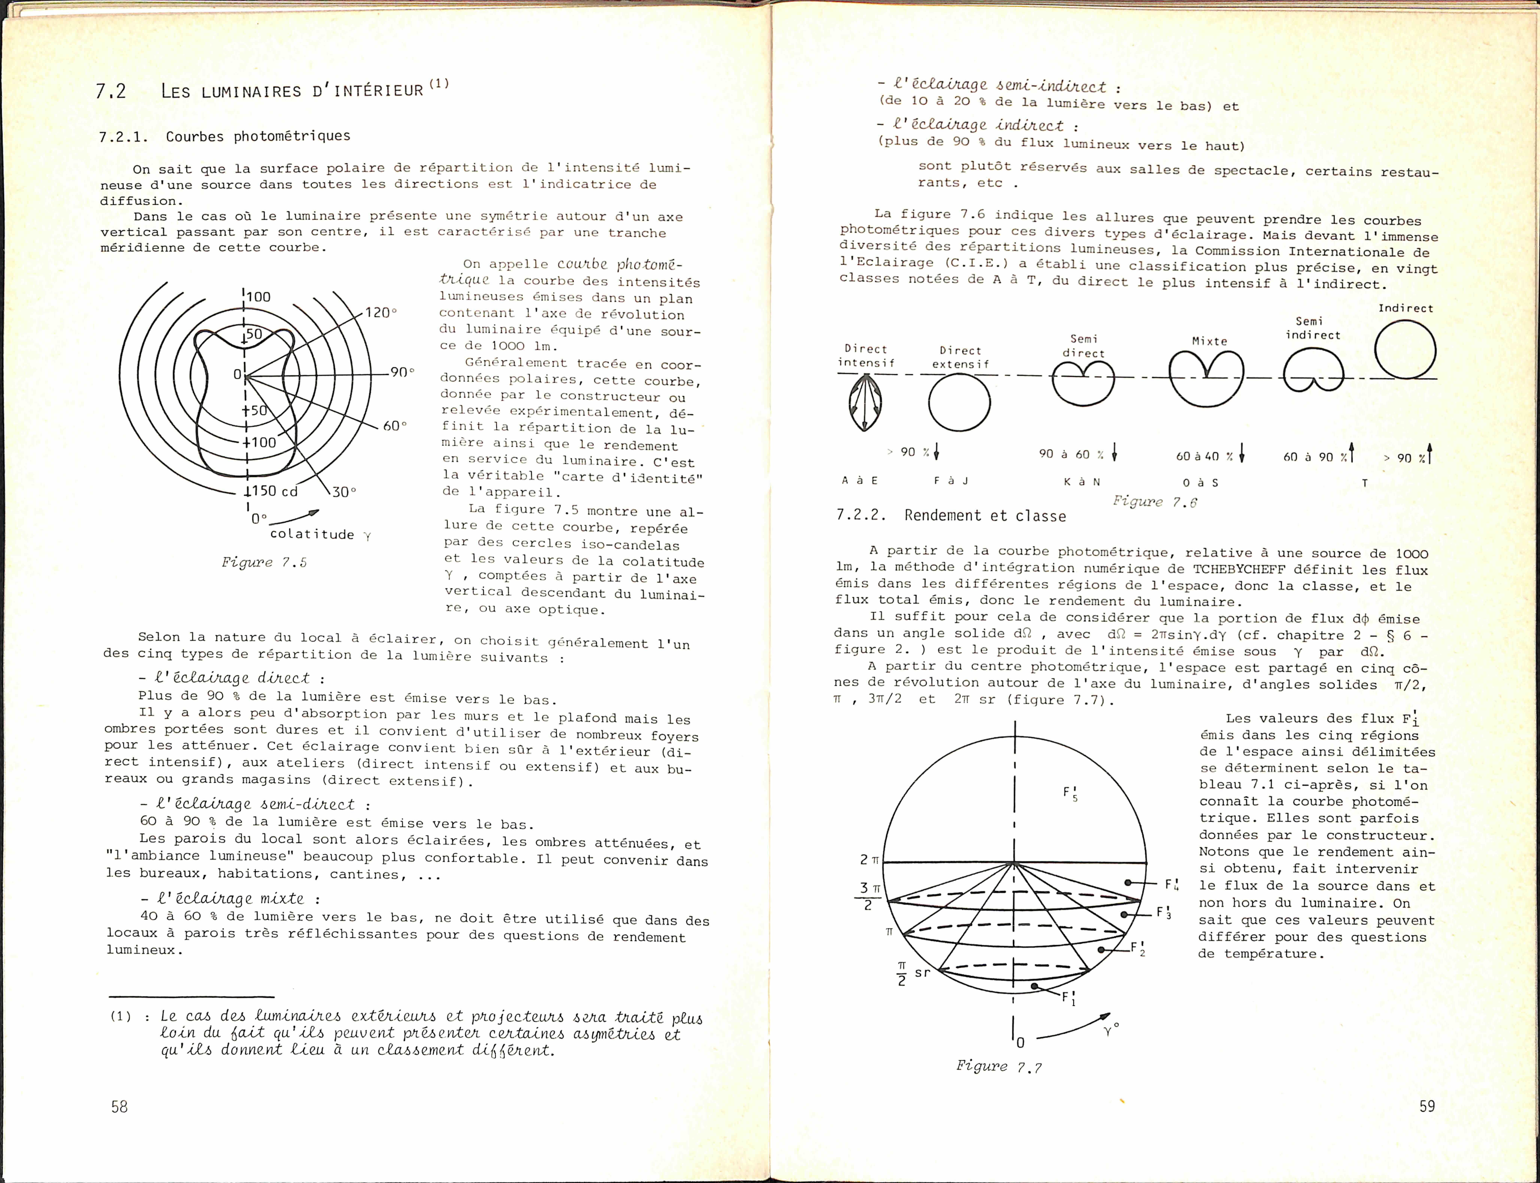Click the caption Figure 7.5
[264, 562]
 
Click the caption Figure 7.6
[1154, 501]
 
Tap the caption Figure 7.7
[998, 1066]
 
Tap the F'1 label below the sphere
[1068, 998]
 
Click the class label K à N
[1082, 482]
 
